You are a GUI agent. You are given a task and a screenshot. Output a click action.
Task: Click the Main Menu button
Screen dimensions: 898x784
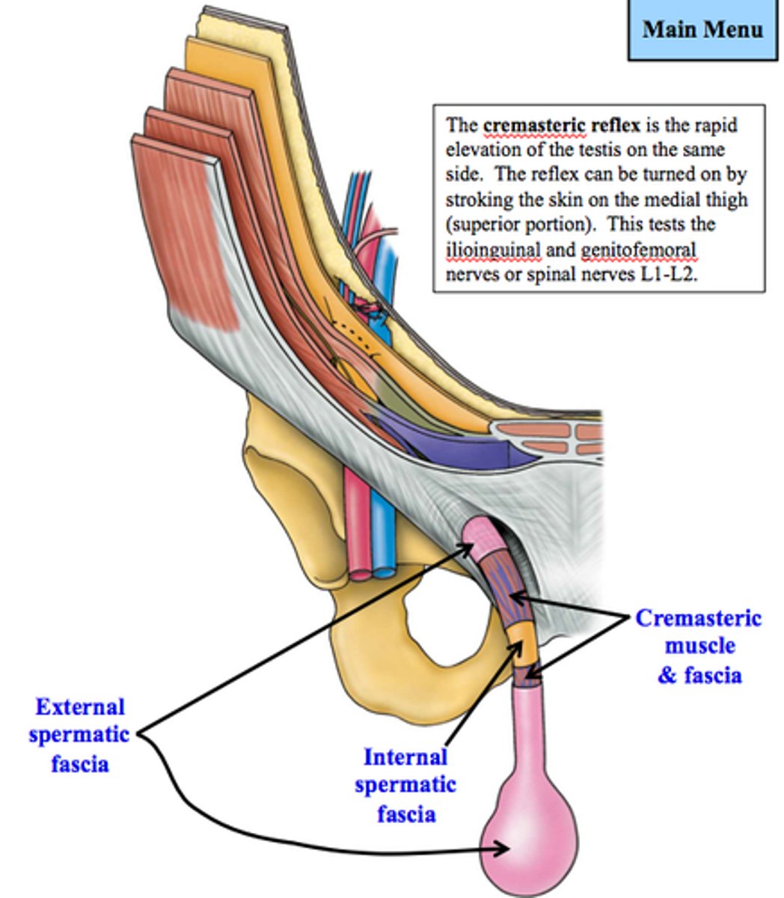[702, 29]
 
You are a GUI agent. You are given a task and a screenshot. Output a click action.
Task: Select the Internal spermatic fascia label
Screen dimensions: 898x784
[405, 784]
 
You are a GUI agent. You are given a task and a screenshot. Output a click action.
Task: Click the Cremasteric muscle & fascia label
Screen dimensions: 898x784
[699, 647]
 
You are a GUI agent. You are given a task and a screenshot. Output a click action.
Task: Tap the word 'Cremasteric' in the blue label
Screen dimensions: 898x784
[699, 619]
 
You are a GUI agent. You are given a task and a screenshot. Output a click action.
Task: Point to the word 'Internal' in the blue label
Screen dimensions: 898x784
[405, 757]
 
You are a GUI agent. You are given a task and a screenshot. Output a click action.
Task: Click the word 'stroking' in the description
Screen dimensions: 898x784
[476, 200]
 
